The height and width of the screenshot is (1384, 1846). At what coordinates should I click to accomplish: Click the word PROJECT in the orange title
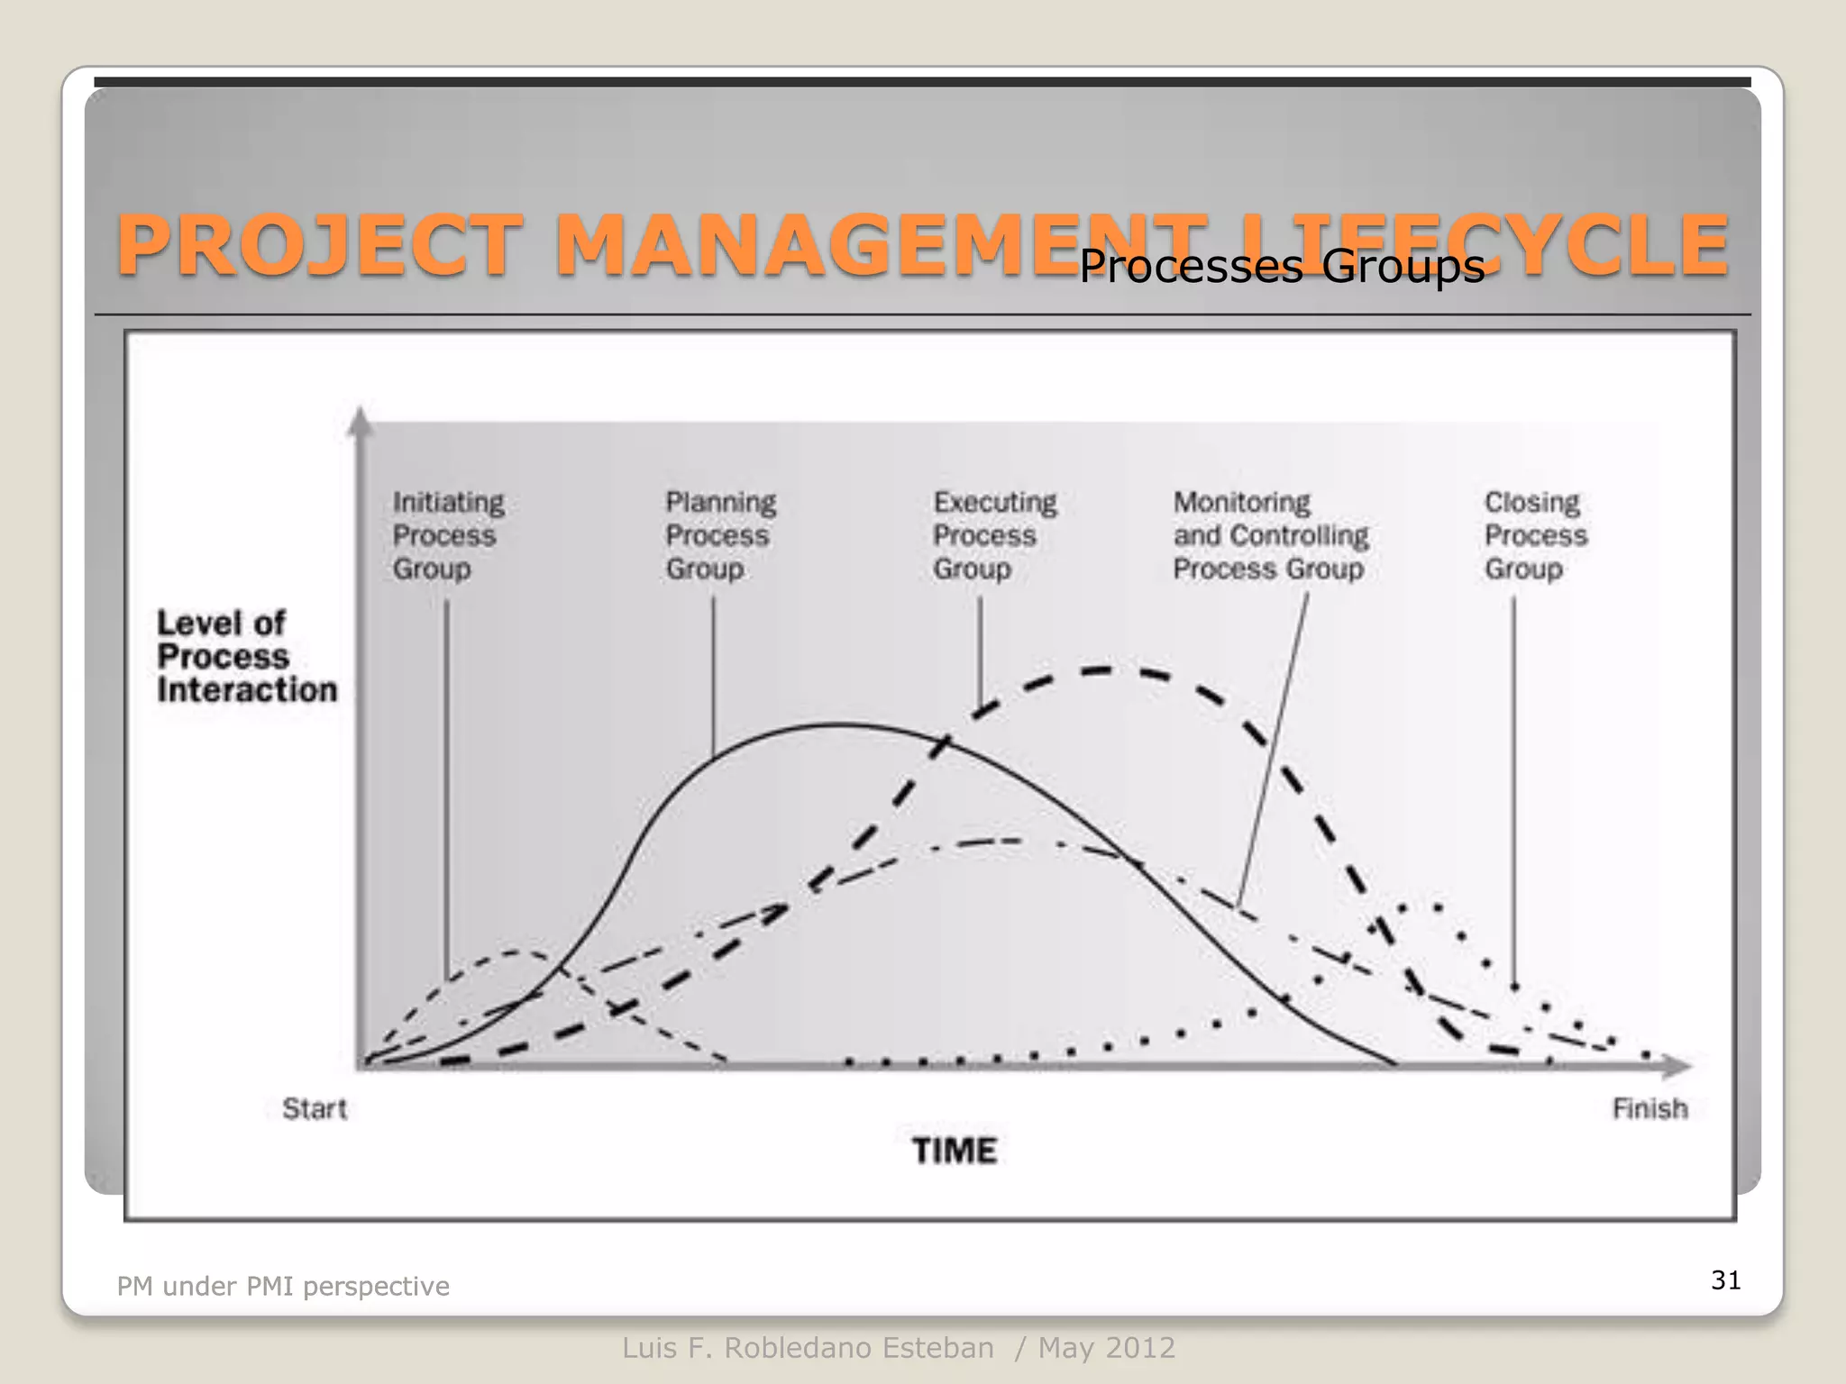pyautogui.click(x=320, y=245)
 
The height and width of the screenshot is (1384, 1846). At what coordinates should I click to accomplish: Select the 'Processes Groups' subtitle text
pyautogui.click(x=1281, y=266)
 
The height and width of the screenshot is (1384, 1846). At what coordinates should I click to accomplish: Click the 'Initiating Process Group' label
pyautogui.click(x=448, y=535)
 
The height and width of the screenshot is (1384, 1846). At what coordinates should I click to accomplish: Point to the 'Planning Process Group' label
pyautogui.click(x=720, y=535)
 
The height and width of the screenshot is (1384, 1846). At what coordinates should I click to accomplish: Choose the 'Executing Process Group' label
pyautogui.click(x=994, y=535)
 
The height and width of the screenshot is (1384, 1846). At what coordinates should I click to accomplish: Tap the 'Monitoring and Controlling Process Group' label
pyautogui.click(x=1270, y=535)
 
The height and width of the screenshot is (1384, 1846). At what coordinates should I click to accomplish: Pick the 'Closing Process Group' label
pyautogui.click(x=1535, y=535)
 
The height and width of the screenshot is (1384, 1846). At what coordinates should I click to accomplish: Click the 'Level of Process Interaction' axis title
pyautogui.click(x=246, y=656)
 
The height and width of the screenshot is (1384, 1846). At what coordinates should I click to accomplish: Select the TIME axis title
pyautogui.click(x=954, y=1151)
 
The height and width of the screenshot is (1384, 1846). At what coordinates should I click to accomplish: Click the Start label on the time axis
pyautogui.click(x=314, y=1108)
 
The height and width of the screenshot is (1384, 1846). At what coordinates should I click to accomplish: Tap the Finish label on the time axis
pyautogui.click(x=1650, y=1108)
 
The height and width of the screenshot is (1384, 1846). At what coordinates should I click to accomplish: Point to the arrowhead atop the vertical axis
pyautogui.click(x=361, y=421)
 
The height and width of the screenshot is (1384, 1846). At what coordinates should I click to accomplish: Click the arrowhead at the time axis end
pyautogui.click(x=1677, y=1067)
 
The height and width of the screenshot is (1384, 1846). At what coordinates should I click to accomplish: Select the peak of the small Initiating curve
pyautogui.click(x=518, y=951)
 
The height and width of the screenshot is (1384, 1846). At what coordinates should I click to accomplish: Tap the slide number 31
pyautogui.click(x=1725, y=1279)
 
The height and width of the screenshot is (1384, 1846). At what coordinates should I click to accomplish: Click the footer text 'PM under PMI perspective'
pyautogui.click(x=283, y=1286)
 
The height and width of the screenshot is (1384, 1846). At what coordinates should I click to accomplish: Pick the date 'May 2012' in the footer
pyautogui.click(x=1107, y=1348)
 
